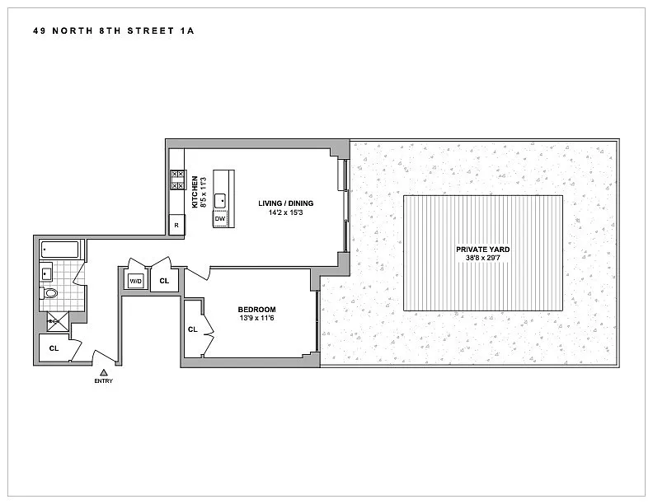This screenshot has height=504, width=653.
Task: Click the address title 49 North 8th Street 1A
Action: click(x=114, y=30)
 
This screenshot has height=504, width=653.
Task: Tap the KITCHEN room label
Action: click(x=195, y=192)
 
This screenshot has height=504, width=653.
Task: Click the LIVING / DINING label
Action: click(x=285, y=203)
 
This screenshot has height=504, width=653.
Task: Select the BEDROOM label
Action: click(x=256, y=310)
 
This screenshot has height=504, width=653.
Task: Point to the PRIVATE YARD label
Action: click(x=482, y=250)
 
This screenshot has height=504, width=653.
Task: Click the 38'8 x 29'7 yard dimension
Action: click(x=482, y=259)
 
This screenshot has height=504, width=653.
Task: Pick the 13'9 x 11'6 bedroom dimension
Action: click(x=256, y=319)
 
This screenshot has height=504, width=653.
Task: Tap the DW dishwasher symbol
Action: click(x=220, y=219)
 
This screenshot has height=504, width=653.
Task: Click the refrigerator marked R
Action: click(x=176, y=225)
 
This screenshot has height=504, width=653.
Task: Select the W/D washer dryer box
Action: click(x=136, y=282)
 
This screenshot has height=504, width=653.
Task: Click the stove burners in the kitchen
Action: click(x=177, y=180)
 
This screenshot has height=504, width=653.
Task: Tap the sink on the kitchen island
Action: click(x=220, y=201)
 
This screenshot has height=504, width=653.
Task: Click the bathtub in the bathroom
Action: click(x=60, y=250)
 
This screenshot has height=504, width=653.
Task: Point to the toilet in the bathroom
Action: click(x=49, y=293)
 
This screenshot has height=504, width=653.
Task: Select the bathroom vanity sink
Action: click(x=46, y=273)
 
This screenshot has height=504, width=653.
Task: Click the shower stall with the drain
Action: click(x=58, y=321)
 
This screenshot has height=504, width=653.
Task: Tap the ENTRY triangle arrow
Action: click(x=104, y=372)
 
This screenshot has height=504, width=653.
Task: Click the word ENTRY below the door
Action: click(x=104, y=381)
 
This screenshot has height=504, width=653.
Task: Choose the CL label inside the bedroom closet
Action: click(x=192, y=329)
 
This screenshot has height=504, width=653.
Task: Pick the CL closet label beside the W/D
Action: click(x=164, y=281)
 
